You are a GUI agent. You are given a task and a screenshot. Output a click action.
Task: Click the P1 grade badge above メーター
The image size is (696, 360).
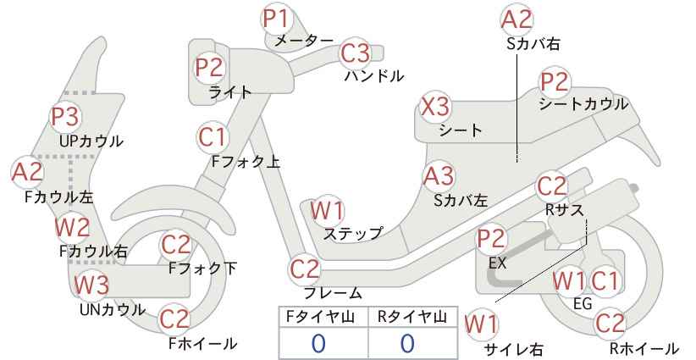click(x=276, y=19)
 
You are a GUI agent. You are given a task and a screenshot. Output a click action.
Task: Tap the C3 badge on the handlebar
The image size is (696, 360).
click(x=355, y=53)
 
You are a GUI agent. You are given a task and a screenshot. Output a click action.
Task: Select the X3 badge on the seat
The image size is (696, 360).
click(x=435, y=107)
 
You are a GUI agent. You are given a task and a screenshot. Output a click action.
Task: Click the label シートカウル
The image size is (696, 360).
click(x=583, y=104)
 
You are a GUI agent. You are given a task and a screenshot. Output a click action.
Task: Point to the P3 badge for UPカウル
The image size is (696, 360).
click(x=65, y=117)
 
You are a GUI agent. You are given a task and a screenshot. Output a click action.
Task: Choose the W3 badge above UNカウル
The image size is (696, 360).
click(x=91, y=285)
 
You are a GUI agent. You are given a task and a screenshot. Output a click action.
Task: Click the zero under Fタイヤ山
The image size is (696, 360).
click(x=318, y=344)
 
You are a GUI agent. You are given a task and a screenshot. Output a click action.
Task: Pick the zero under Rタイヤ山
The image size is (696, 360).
click(x=407, y=344)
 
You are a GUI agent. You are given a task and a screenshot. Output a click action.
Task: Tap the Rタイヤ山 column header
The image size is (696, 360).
click(x=412, y=317)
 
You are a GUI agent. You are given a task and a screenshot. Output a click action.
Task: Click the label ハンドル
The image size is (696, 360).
click(x=374, y=76)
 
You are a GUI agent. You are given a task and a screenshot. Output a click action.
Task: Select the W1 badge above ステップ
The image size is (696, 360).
click(x=328, y=211)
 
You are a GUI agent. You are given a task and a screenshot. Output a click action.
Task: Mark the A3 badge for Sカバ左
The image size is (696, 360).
click(x=438, y=176)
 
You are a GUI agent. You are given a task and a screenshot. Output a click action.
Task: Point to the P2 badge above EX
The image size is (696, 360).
click(x=491, y=239)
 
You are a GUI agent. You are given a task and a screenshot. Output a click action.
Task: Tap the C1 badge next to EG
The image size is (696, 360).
click(x=605, y=281)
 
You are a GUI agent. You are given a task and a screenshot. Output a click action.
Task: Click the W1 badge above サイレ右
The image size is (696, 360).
click(x=482, y=325)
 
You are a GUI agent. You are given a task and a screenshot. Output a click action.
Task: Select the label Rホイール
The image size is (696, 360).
click(x=644, y=348)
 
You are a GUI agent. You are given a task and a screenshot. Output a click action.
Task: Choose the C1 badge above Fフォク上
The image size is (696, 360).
click(x=213, y=137)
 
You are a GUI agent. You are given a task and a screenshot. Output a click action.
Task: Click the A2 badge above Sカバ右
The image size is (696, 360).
click(x=516, y=20)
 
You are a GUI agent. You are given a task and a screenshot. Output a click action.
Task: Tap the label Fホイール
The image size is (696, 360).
click(x=203, y=344)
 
